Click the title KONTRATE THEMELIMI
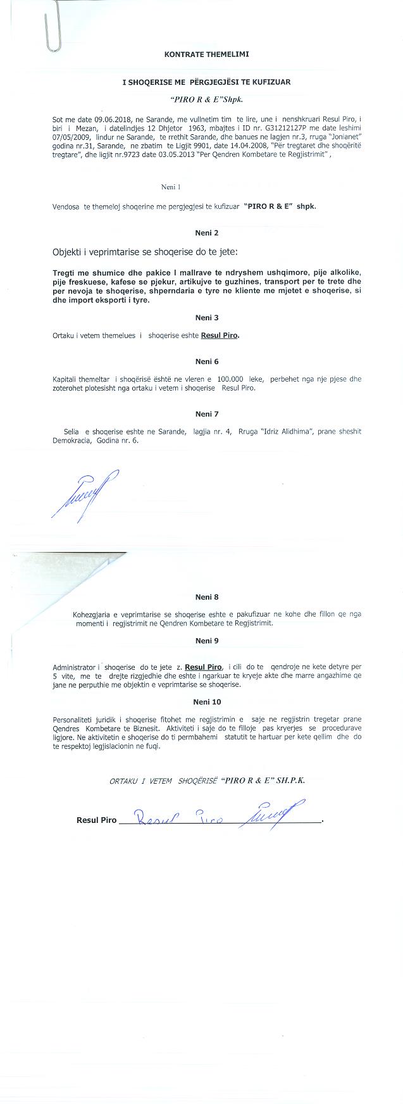206,54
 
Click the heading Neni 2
207,233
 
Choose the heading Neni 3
207,318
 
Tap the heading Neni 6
207,361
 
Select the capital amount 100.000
230,380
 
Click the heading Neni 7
207,414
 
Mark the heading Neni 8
207,597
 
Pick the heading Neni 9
207,641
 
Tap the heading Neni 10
207,702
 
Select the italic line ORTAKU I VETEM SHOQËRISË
207,781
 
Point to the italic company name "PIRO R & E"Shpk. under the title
207,100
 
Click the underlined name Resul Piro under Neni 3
220,336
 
